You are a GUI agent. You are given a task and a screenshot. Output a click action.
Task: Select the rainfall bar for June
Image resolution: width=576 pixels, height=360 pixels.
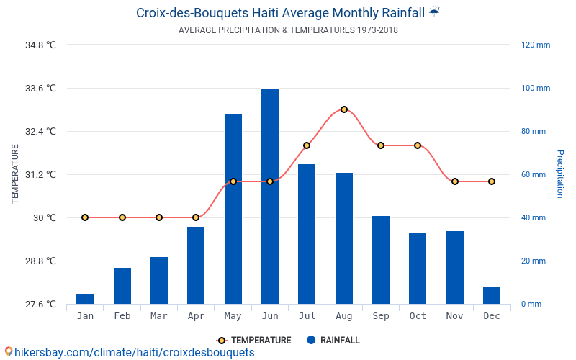[270, 196]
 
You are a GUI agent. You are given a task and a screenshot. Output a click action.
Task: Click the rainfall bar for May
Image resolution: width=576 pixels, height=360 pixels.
[233, 209]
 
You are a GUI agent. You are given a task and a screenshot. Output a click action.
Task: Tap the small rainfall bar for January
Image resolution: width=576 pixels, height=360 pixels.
[85, 299]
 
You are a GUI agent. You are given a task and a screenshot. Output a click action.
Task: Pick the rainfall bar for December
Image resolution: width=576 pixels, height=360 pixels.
[492, 295]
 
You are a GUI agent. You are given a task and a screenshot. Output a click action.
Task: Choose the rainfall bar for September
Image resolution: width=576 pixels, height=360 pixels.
[381, 260]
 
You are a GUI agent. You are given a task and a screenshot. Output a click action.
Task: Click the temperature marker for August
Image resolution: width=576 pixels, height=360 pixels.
[344, 109]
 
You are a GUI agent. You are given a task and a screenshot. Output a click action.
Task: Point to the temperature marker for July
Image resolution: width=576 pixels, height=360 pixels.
[307, 145]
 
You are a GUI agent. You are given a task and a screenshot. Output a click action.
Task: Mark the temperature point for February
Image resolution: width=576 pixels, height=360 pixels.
[122, 217]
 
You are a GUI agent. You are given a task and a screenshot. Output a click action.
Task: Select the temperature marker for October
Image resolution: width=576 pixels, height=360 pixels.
[418, 145]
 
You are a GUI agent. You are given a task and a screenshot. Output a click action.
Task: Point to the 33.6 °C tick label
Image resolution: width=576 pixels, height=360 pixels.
[40, 89]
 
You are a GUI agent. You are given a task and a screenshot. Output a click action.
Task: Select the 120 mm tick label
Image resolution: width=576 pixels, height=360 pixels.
[536, 45]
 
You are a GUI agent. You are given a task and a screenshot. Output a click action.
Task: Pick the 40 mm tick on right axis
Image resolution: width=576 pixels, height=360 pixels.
[534, 218]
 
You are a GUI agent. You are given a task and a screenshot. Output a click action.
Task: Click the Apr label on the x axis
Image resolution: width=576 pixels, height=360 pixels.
[196, 316]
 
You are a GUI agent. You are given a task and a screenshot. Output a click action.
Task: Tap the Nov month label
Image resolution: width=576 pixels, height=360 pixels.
[454, 316]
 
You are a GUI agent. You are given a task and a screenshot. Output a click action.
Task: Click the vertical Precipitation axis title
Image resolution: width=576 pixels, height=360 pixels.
[560, 174]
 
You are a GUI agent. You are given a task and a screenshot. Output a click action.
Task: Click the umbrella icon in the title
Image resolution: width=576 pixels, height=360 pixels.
[434, 12]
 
